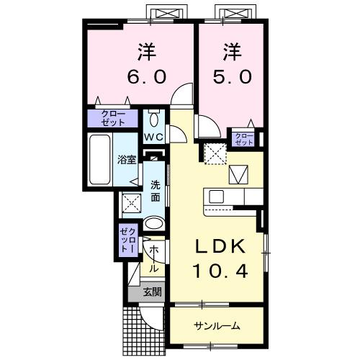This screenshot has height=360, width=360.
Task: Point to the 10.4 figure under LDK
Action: coord(221,271)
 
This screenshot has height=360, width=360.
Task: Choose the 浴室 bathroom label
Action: coord(127,160)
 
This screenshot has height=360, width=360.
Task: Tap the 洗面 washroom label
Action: coord(156,188)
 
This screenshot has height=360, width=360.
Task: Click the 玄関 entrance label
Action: coord(151,292)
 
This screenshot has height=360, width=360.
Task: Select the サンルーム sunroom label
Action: coord(216,326)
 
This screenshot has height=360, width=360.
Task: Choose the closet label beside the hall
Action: coord(127,239)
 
